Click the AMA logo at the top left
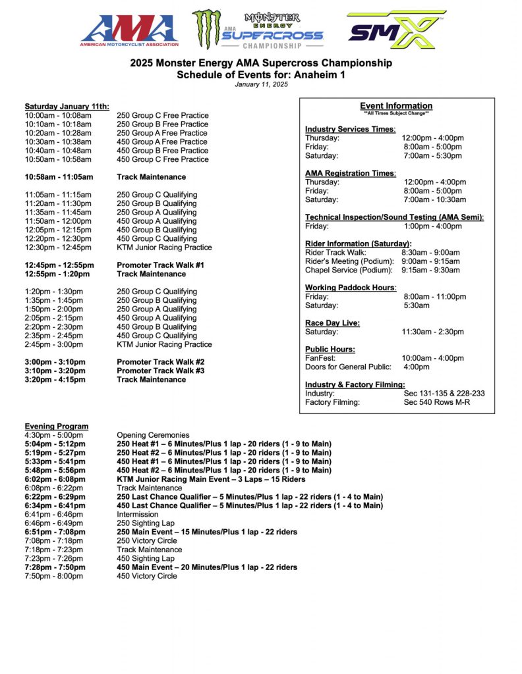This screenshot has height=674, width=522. [129, 31]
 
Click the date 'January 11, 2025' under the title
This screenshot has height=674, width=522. [261, 84]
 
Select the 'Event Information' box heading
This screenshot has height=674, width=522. [396, 106]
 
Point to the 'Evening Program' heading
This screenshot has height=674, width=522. [56, 427]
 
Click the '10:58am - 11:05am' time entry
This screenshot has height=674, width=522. [59, 177]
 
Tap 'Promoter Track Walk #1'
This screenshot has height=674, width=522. [160, 265]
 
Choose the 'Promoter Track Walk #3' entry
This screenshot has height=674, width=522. [160, 371]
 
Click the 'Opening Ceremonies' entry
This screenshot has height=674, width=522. [153, 435]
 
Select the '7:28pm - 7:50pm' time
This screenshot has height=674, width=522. [55, 567]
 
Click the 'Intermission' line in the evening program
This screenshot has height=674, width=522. [137, 514]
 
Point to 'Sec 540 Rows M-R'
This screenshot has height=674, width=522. [436, 402]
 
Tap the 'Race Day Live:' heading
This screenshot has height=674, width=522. [332, 323]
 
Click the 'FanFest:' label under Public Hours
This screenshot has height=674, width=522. [320, 358]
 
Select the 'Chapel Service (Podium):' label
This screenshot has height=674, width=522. [349, 270]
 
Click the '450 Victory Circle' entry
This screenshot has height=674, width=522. [146, 576]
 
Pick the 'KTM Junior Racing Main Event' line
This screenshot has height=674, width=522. [211, 479]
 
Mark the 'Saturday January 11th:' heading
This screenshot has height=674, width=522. [67, 107]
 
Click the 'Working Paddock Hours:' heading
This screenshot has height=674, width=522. [350, 288]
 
